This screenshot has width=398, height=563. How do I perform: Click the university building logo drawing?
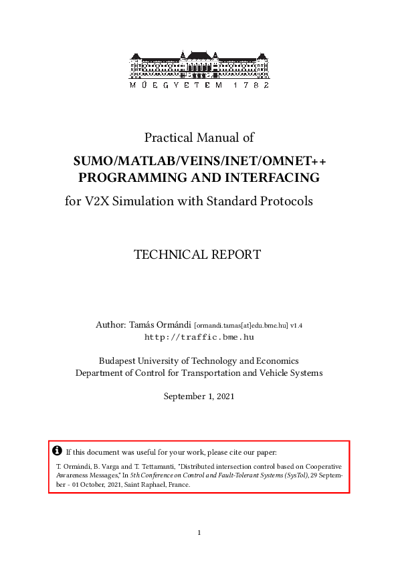click(x=199, y=64)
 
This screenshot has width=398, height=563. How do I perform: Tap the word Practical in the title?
click(x=169, y=138)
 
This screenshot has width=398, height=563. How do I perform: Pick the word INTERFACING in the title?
click(x=270, y=178)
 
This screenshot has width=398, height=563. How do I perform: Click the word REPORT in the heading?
click(x=236, y=255)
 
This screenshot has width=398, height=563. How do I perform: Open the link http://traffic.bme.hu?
click(x=199, y=338)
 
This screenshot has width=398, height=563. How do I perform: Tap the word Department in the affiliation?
click(x=101, y=372)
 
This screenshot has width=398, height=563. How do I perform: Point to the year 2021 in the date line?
click(x=223, y=397)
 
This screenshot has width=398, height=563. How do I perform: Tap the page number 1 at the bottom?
click(x=199, y=533)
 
